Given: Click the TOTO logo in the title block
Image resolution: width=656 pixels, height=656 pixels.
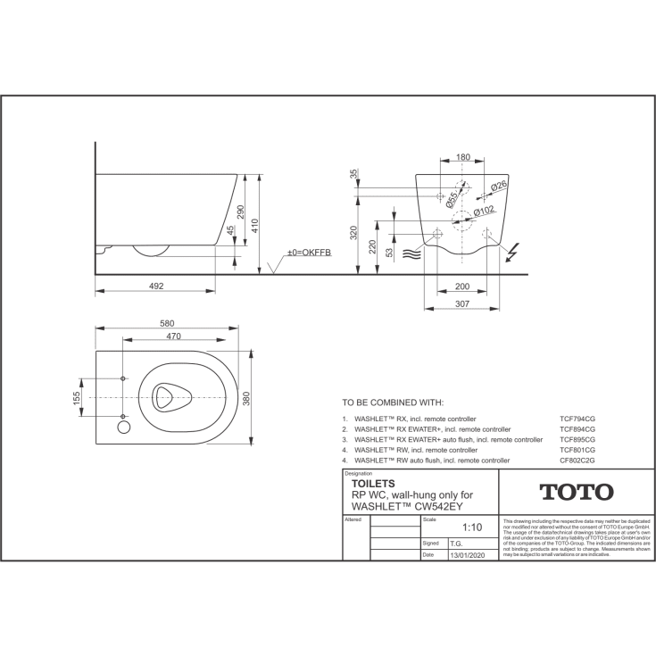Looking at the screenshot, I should point(576,493).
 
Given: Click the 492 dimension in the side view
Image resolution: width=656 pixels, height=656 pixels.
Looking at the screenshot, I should point(156,286).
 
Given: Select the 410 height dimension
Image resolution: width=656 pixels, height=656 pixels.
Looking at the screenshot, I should point(255,225).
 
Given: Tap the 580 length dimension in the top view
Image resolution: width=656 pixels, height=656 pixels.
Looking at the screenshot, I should point(167,323).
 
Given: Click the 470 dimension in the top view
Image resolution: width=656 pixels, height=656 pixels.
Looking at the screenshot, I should point(173,336).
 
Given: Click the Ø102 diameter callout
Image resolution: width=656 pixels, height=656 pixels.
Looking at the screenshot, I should point(486,211).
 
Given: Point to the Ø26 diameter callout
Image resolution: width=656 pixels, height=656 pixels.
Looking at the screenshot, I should point(499,185).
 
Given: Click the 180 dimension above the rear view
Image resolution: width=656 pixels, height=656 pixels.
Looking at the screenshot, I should point(462,158).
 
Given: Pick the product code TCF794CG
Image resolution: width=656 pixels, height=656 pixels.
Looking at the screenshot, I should point(577,418).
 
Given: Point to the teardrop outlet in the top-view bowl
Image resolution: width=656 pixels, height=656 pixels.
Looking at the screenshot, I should point(165,396).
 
